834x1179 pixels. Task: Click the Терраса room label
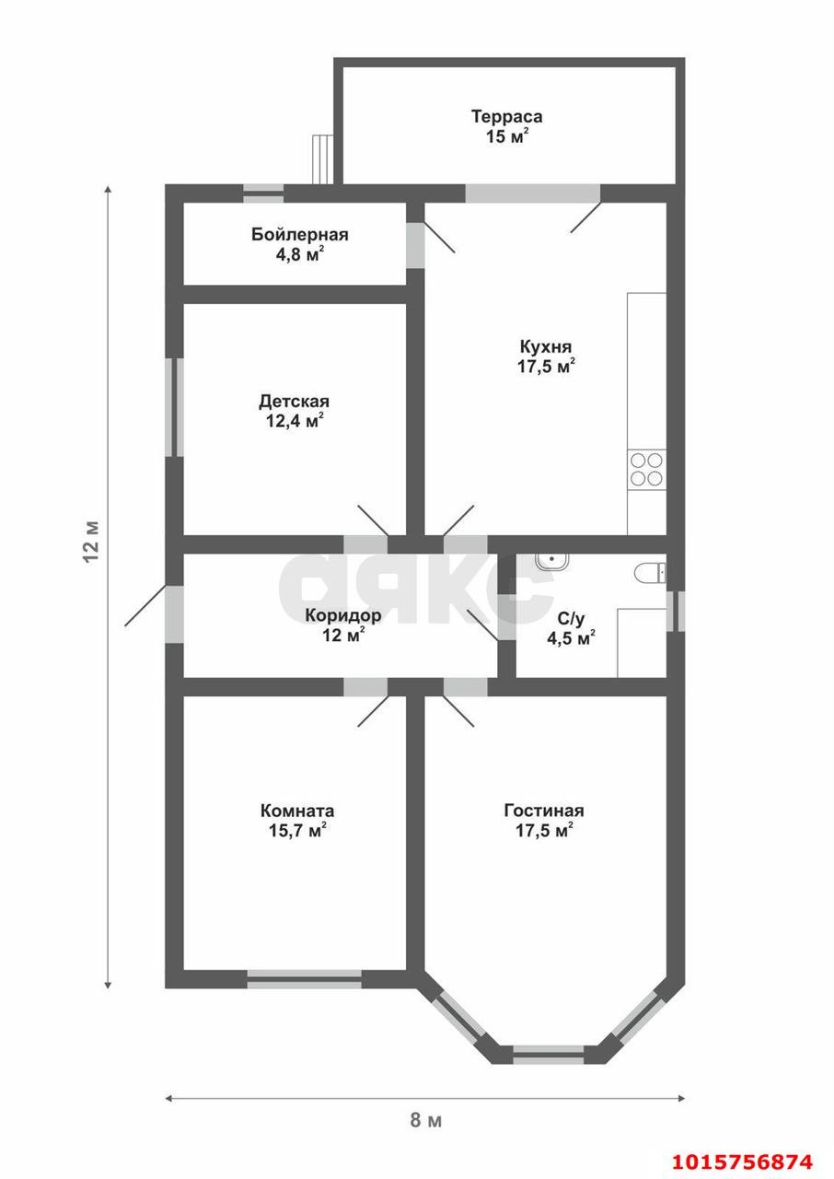(506, 116)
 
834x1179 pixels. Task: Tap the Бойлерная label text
(300, 234)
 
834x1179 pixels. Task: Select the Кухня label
(545, 347)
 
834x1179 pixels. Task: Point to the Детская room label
(294, 402)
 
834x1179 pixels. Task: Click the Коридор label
(343, 614)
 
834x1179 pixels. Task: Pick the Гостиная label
(544, 811)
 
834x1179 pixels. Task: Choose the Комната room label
(297, 811)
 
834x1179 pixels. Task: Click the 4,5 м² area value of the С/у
(571, 639)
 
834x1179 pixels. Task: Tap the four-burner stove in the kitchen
(646, 470)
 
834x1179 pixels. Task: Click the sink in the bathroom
(551, 561)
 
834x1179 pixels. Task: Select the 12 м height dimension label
(91, 542)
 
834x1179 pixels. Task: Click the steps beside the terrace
(323, 159)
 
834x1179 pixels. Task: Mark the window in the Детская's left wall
(174, 407)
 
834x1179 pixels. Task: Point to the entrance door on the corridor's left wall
(174, 614)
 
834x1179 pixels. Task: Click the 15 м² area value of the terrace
(507, 136)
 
